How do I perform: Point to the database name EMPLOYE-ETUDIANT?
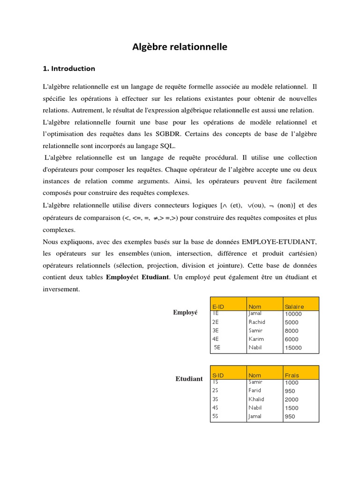coord(279,242)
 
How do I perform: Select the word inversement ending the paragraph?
coord(61,289)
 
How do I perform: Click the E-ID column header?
coord(218,307)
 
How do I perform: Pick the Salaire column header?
coord(294,307)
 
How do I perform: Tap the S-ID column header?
coord(218,375)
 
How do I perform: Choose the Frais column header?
coord(292,375)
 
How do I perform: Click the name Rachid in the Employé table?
coord(257,322)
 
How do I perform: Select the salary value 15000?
coord(293,348)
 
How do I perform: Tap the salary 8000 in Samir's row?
coord(292,330)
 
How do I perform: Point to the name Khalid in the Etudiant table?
coord(256,399)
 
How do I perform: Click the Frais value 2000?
coord(292,399)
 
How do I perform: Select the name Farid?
coord(255,390)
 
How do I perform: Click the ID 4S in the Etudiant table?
coord(215,407)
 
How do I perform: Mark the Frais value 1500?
coord(292,408)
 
